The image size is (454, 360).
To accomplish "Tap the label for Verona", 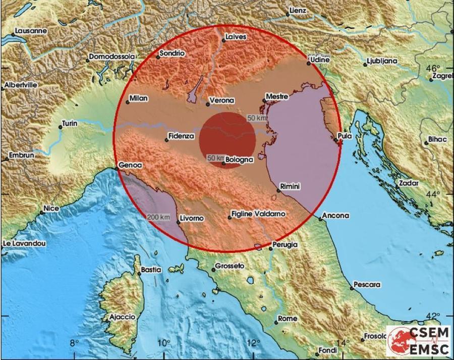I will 222,100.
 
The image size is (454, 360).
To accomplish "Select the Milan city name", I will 138,98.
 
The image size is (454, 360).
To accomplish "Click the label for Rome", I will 288,319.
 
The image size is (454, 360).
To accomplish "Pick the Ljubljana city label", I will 382,61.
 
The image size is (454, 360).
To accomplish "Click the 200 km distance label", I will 158,218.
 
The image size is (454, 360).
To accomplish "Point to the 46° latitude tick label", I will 433,69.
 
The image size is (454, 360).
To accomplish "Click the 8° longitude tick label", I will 74,344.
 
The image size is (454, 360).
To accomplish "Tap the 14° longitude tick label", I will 343,344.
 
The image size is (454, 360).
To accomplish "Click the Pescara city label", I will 367,285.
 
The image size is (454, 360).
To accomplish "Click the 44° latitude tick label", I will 434,194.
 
